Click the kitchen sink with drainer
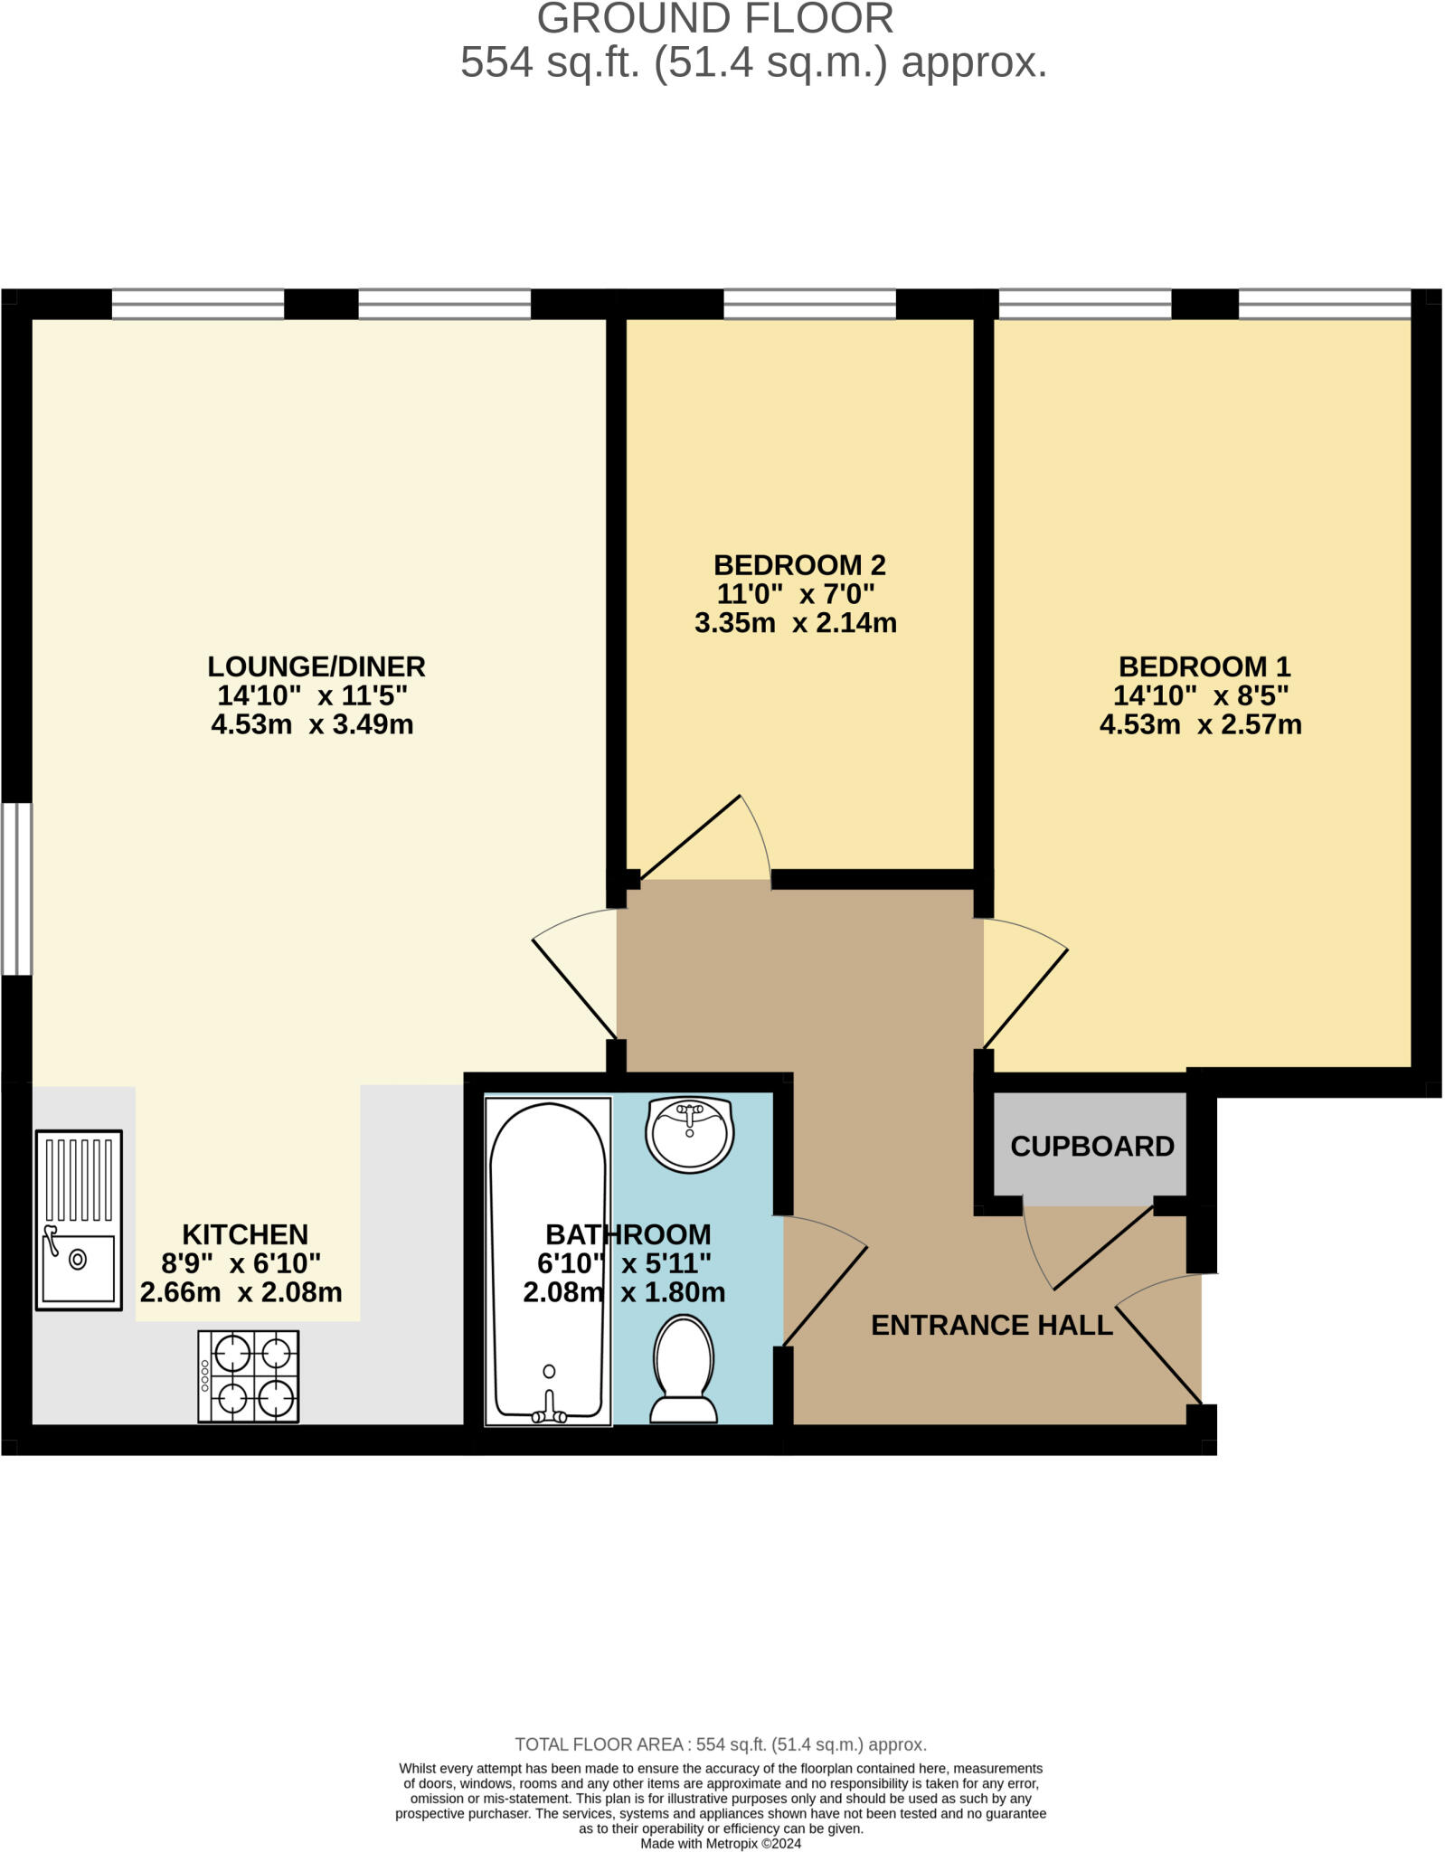tap(79, 1219)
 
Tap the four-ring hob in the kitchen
tap(249, 1375)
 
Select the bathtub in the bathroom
tap(548, 1261)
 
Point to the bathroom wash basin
tap(689, 1135)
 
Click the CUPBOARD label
tap(1091, 1147)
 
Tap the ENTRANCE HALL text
tap(991, 1325)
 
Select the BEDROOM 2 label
tap(799, 565)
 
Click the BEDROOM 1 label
tap(1204, 666)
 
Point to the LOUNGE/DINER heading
tap(316, 666)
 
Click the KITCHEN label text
tap(245, 1234)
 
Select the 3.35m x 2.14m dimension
tap(796, 623)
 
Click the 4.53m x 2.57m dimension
tap(1200, 724)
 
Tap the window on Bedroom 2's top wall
tap(809, 305)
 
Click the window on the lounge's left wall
tap(16, 889)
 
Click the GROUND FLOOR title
tap(715, 19)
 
